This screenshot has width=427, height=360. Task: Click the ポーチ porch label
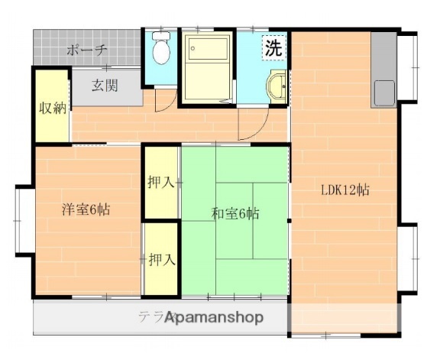pos(86,50)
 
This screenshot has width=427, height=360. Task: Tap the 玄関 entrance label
pos(105,86)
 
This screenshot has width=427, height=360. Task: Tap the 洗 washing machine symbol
pos(273,47)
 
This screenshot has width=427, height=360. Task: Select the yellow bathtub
pos(208,66)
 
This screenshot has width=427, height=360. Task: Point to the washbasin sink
pos(279,87)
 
